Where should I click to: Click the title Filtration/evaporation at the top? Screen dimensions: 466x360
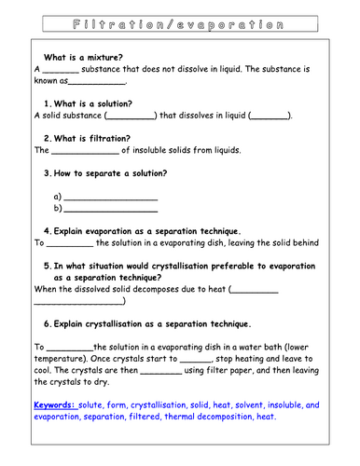[x=179, y=19]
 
